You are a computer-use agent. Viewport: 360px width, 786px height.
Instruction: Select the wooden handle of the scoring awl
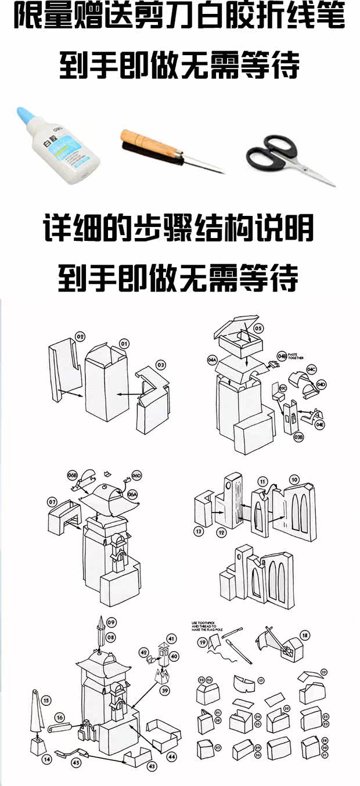(147, 143)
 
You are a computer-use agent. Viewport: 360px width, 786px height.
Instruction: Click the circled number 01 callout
(124, 343)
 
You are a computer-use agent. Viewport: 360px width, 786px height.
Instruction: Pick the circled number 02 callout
(80, 336)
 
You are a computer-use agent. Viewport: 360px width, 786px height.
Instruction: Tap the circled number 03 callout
(161, 365)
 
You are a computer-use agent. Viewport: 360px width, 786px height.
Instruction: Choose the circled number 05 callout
(258, 329)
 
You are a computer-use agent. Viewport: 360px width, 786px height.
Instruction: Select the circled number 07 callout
(52, 501)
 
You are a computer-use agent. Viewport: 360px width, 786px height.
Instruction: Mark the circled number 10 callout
(295, 479)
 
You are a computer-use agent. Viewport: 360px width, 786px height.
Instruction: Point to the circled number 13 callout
(199, 531)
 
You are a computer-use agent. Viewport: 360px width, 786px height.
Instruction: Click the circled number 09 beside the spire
(111, 622)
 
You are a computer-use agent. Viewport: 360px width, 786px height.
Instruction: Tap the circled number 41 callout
(171, 639)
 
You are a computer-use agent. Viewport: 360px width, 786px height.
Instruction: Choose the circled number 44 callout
(172, 757)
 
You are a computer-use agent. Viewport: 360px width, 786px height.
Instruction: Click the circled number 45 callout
(76, 763)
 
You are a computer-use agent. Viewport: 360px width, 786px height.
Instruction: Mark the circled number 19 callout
(202, 643)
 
